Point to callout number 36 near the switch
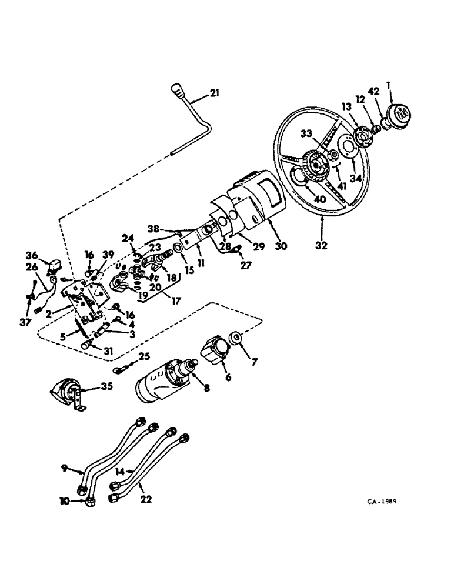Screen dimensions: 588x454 (x=32, y=255)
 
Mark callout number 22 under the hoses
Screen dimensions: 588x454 (x=146, y=499)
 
